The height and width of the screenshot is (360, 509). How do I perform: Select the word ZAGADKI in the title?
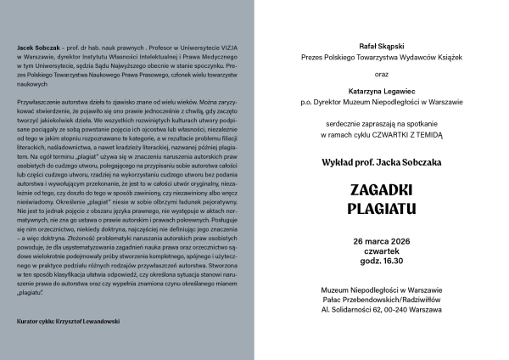click(x=381, y=188)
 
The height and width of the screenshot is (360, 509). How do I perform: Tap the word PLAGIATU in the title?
click(x=381, y=206)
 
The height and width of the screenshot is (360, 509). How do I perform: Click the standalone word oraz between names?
click(x=381, y=73)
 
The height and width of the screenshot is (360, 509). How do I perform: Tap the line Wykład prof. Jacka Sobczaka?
click(x=381, y=159)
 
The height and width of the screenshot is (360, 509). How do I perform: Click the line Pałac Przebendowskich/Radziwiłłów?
click(x=381, y=300)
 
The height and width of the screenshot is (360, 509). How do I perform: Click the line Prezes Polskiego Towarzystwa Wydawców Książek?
click(x=381, y=58)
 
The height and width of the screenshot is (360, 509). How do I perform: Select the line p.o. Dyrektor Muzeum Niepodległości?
click(x=381, y=102)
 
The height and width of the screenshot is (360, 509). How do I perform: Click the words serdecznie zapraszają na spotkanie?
click(x=381, y=122)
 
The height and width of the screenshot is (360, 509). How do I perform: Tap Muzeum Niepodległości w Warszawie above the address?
click(x=381, y=290)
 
